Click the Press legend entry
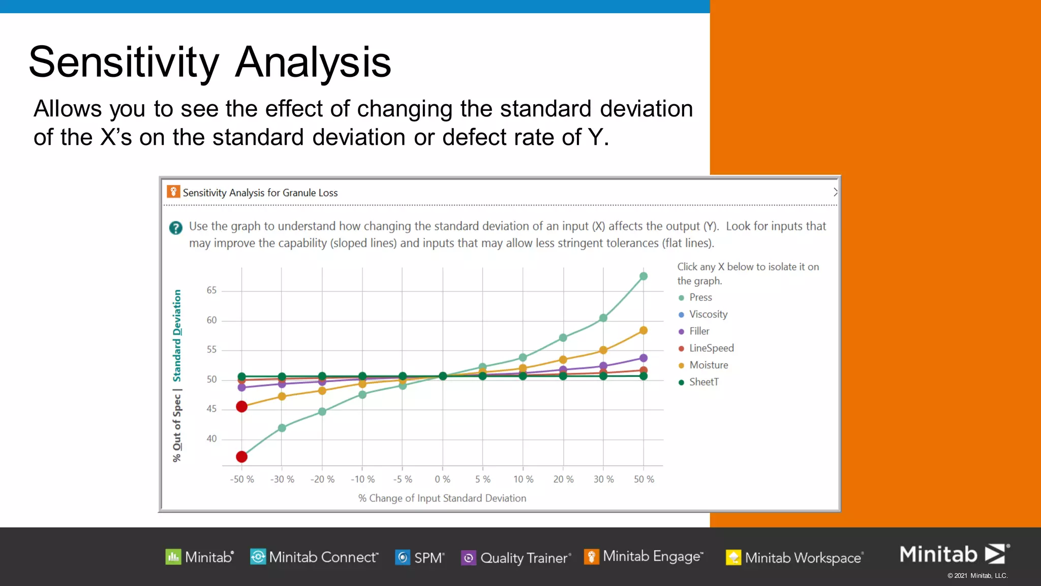(x=700, y=298)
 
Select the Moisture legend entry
(x=708, y=365)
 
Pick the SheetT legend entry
(x=703, y=382)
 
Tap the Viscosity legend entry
(x=708, y=314)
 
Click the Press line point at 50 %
(x=644, y=276)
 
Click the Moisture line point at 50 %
(x=644, y=331)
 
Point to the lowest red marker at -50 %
(x=242, y=457)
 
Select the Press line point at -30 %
(x=282, y=428)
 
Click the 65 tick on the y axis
(x=211, y=290)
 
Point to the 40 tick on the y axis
(x=211, y=438)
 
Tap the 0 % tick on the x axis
(x=442, y=479)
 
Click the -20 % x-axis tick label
(x=322, y=479)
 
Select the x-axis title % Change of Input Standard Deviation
(x=442, y=499)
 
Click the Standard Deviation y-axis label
(x=177, y=336)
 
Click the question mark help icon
(x=176, y=228)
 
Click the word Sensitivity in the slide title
(x=124, y=62)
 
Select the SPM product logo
(x=420, y=558)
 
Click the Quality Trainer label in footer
(x=524, y=558)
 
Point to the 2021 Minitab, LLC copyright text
(x=977, y=576)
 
